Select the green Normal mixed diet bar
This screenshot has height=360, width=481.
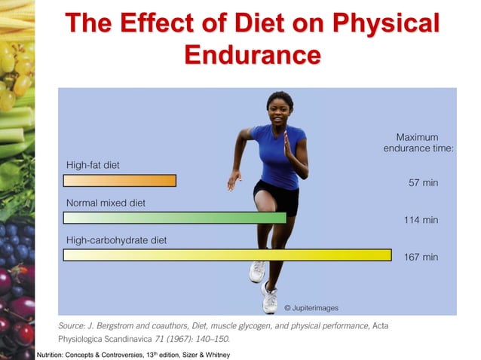pos(174,218)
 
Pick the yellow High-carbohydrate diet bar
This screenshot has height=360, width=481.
pos(227,255)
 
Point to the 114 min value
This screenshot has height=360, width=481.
pos(421,220)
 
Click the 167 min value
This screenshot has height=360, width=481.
pos(421,257)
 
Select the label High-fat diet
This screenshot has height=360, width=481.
pos(93,165)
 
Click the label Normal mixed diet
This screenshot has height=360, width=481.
pos(106,203)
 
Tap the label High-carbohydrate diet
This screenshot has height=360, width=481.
pos(116,240)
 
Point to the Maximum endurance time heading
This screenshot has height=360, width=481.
pos(418,142)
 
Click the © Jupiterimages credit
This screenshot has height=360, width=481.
pos(311,307)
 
